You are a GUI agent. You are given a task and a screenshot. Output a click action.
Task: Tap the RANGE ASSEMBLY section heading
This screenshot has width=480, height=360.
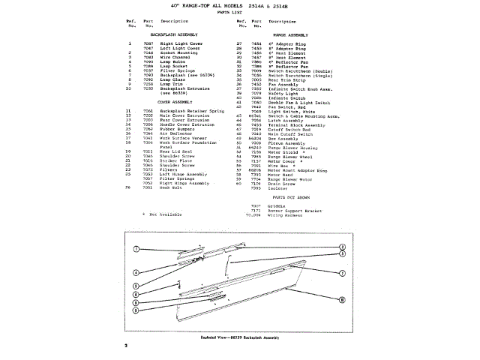[292, 34]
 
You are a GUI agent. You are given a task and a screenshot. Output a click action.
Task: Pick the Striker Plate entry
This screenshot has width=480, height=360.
[177, 160]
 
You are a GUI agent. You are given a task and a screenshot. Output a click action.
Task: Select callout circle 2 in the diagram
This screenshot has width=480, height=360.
[341, 247]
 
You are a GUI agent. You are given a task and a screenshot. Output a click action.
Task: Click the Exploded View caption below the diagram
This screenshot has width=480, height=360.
[240, 337]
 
